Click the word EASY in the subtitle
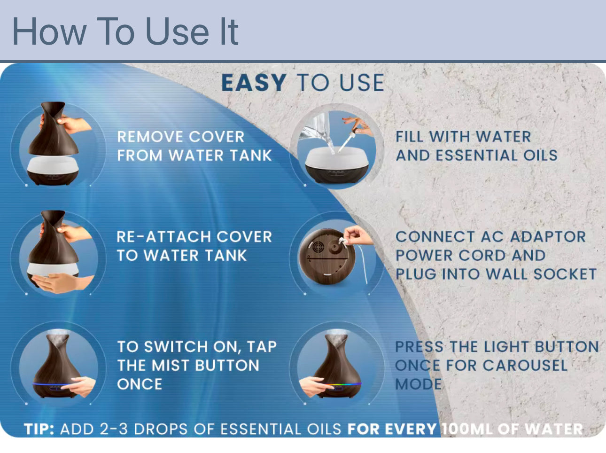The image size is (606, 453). tap(254, 83)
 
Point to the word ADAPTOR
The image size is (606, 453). tap(548, 237)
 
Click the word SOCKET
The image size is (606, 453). tap(565, 274)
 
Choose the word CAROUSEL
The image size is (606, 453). tap(525, 365)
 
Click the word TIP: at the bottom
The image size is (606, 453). tap(39, 429)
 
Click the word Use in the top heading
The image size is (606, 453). tap(178, 31)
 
